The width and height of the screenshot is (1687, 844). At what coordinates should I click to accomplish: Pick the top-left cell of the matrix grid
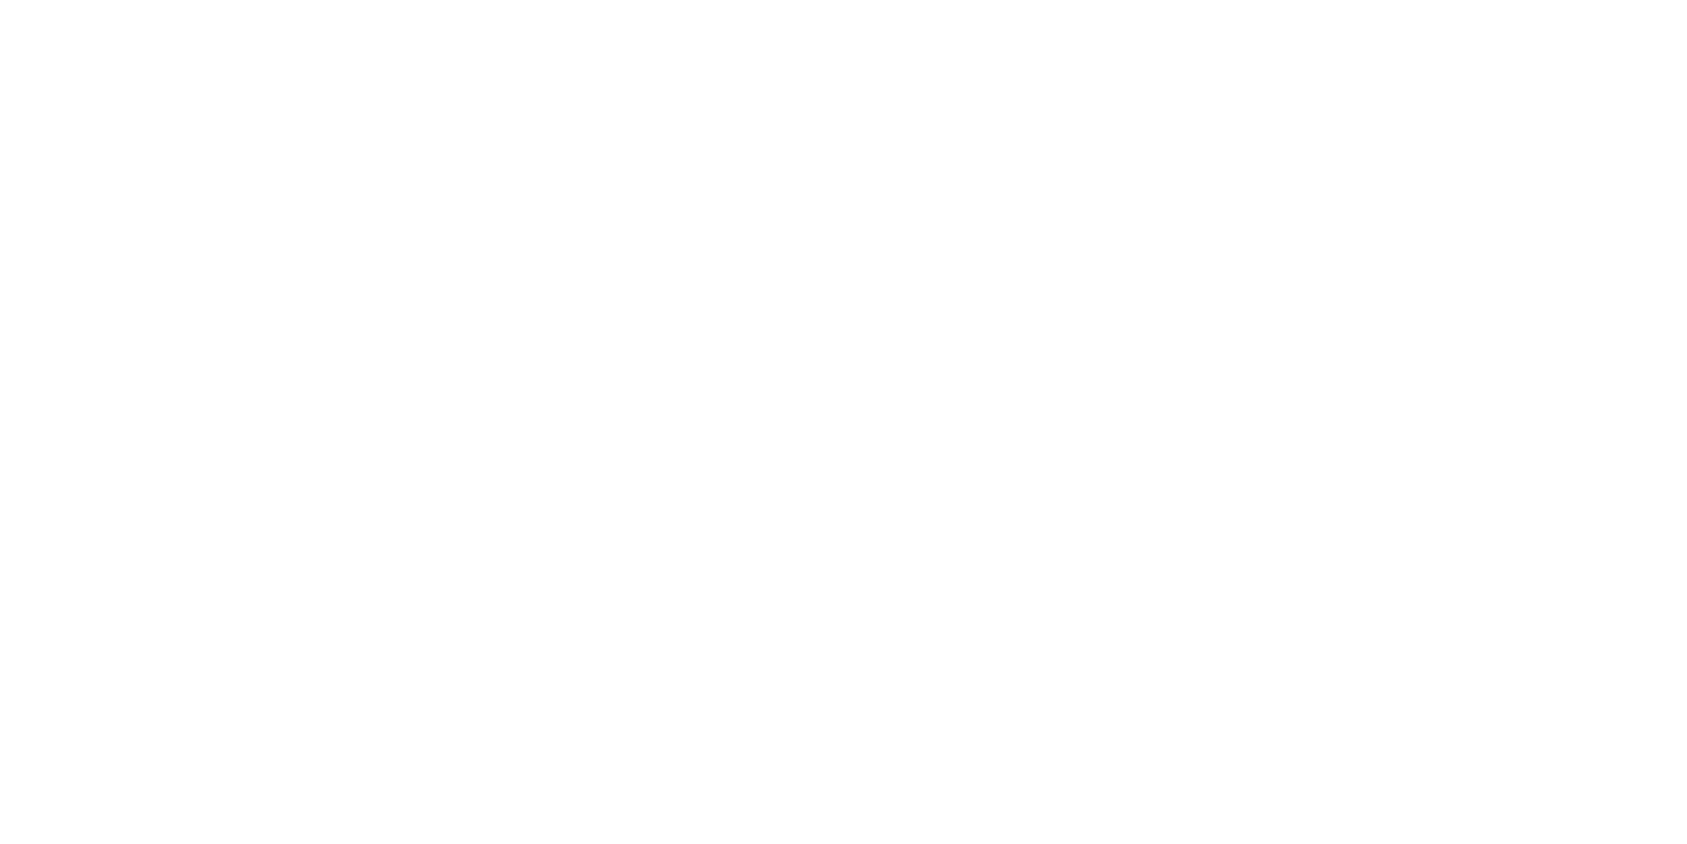561,320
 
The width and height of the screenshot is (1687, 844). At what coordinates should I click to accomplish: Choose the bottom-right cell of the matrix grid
697,397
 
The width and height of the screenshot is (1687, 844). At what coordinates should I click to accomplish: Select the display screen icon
1492,270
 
